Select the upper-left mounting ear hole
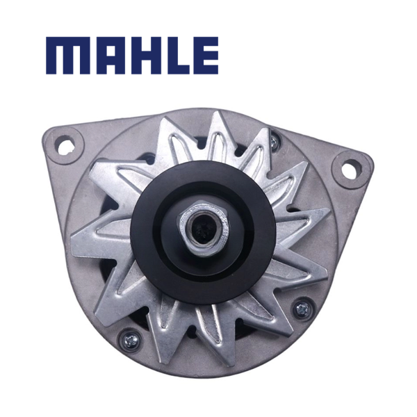[x=65, y=145]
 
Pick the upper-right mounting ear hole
[x=350, y=167]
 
